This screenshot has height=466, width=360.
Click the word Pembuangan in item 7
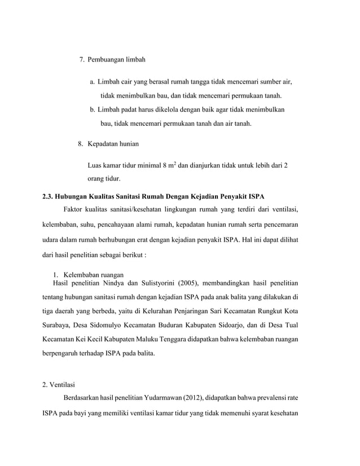(107, 60)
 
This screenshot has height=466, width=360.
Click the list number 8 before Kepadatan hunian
(80, 144)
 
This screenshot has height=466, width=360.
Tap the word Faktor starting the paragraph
(76, 210)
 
